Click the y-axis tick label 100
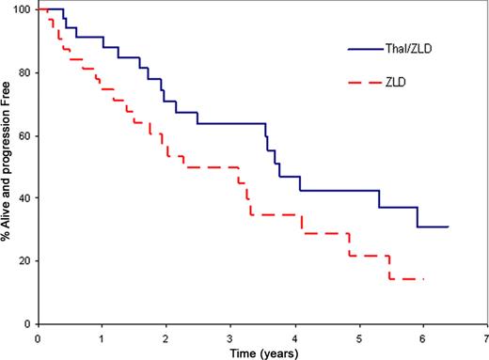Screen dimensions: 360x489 22,9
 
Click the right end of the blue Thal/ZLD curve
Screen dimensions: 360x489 449,227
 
